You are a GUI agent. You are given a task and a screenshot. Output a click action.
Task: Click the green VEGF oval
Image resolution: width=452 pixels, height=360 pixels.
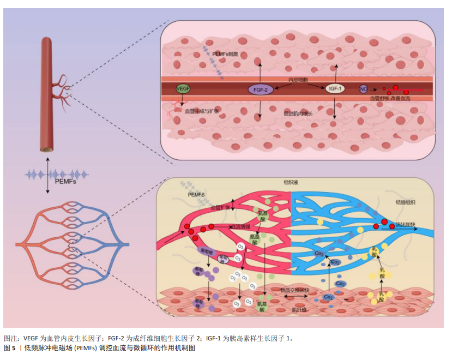click(x=182, y=88)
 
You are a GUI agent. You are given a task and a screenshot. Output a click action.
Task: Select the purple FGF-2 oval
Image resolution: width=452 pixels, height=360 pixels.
click(x=261, y=89)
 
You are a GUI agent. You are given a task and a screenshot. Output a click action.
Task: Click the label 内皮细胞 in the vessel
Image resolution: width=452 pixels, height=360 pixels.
click(x=298, y=80)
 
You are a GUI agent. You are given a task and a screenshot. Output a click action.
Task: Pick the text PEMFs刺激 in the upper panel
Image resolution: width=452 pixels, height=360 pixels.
click(x=226, y=55)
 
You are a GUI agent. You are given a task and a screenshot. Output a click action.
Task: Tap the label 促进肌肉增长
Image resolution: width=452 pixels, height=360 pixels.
click(x=298, y=114)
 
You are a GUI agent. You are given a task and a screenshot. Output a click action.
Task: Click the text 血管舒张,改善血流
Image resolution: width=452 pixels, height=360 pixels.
click(x=391, y=98)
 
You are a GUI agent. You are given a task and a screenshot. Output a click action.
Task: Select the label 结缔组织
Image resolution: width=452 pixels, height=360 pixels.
click(x=405, y=202)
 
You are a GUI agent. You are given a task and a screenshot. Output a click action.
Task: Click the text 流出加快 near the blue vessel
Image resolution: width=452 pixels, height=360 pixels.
click(x=404, y=224)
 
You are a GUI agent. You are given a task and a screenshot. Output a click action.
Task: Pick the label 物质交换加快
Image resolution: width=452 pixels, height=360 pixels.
click(x=294, y=290)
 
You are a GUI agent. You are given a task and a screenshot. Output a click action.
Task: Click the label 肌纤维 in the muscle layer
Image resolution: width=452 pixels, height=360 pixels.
click(x=299, y=309)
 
